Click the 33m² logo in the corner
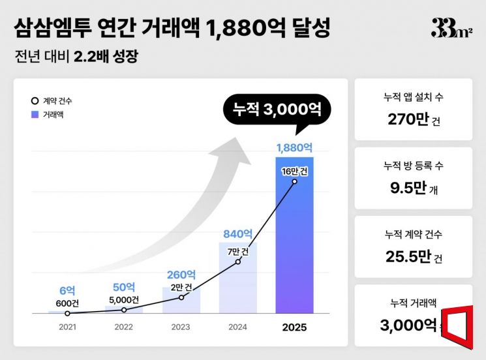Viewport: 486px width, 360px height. tap(451, 28)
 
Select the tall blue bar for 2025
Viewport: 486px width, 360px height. tap(295, 235)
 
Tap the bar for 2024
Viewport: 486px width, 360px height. tap(237, 278)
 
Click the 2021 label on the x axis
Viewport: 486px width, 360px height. tap(67, 327)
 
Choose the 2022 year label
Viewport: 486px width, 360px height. tap(124, 327)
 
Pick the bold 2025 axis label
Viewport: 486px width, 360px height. tap(295, 327)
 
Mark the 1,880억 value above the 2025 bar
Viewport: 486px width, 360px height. tap(295, 147)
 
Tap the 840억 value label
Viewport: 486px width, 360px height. tap(237, 233)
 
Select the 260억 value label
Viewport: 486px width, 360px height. tap(181, 275)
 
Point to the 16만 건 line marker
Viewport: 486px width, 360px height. tap(295, 181)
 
